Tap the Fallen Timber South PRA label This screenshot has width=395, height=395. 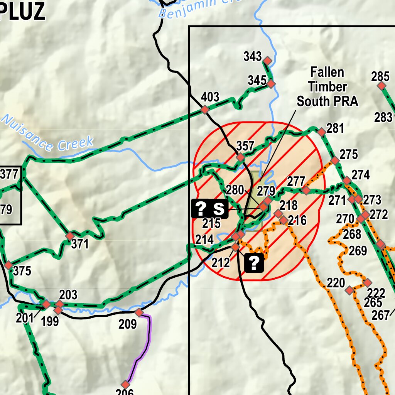point(327,87)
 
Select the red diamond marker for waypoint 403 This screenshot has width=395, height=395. point(205,110)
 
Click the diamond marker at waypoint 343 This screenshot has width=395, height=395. point(267,61)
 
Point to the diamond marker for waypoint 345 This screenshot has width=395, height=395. point(271,83)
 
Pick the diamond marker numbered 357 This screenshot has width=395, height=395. point(241,157)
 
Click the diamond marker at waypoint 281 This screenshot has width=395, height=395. point(321,132)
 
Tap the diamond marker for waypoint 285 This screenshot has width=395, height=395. point(381,86)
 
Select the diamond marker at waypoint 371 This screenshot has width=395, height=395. point(70,236)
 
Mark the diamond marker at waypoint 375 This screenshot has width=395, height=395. point(8,265)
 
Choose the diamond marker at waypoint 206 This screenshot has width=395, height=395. point(125,384)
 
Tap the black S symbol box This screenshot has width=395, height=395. point(219,209)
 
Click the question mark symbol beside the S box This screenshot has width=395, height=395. point(201,209)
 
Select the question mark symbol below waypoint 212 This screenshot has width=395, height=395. point(254,263)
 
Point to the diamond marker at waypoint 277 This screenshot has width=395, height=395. point(306,190)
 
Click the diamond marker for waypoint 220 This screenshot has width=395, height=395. point(349,290)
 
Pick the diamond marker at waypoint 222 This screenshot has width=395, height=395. point(367,283)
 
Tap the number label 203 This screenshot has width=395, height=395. point(68,295)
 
